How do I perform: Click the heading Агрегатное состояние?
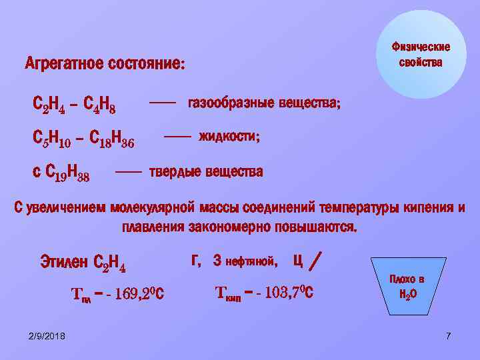[x=105, y=65]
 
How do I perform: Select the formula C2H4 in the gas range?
[x=49, y=105]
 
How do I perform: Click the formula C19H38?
[x=67, y=175]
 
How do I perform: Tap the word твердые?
[x=175, y=171]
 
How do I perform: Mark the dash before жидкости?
[x=177, y=136]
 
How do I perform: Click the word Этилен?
[x=64, y=261]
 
